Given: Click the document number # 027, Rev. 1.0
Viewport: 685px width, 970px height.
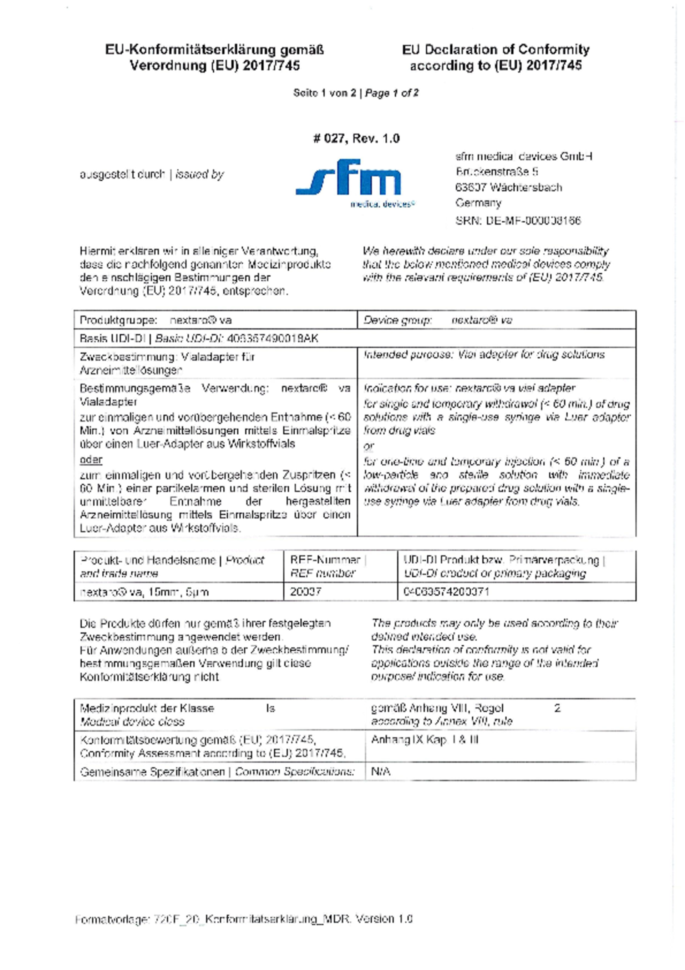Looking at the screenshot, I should (x=356, y=138).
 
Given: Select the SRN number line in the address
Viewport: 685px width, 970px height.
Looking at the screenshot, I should (x=518, y=221).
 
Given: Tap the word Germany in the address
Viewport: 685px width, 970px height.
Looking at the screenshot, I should (x=478, y=203).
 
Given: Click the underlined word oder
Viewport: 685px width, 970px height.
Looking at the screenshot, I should (x=91, y=460).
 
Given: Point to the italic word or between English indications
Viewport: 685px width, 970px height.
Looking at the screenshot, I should (x=368, y=446).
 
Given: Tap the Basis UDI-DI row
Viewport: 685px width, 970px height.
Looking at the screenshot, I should (x=198, y=338).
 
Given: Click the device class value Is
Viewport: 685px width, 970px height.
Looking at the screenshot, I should (x=270, y=708).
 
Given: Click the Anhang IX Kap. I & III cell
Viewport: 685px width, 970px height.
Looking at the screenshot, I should (x=425, y=740).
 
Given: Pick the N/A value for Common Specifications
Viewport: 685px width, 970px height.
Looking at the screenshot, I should (x=381, y=772).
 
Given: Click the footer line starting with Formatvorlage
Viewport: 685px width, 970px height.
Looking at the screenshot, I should (x=244, y=919).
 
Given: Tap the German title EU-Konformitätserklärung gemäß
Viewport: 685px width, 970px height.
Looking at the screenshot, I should (x=214, y=50).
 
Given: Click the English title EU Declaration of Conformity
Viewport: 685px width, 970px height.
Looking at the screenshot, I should (x=496, y=50).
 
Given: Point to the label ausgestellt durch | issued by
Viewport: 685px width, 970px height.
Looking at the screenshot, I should (x=152, y=175).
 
